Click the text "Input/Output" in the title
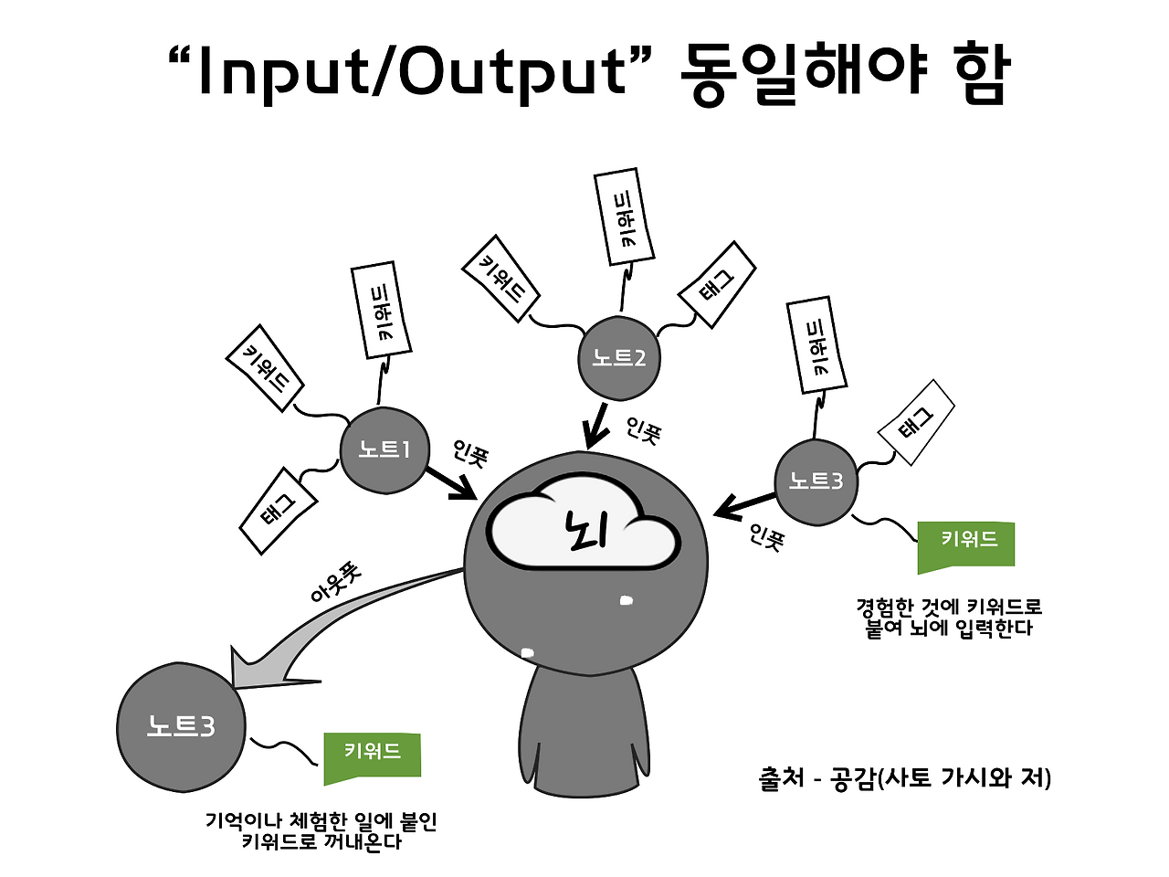click(x=412, y=73)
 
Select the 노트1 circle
click(x=384, y=450)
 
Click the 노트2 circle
click(x=619, y=358)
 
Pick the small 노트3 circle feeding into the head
click(x=816, y=482)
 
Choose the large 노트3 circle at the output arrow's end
click(x=181, y=727)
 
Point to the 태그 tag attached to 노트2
click(x=716, y=285)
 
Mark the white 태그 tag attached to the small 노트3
click(x=915, y=423)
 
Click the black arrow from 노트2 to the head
click(x=595, y=426)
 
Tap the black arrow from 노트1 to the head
click(x=451, y=483)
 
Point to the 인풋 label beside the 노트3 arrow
click(x=766, y=537)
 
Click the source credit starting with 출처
click(x=904, y=778)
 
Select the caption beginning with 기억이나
click(x=321, y=830)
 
